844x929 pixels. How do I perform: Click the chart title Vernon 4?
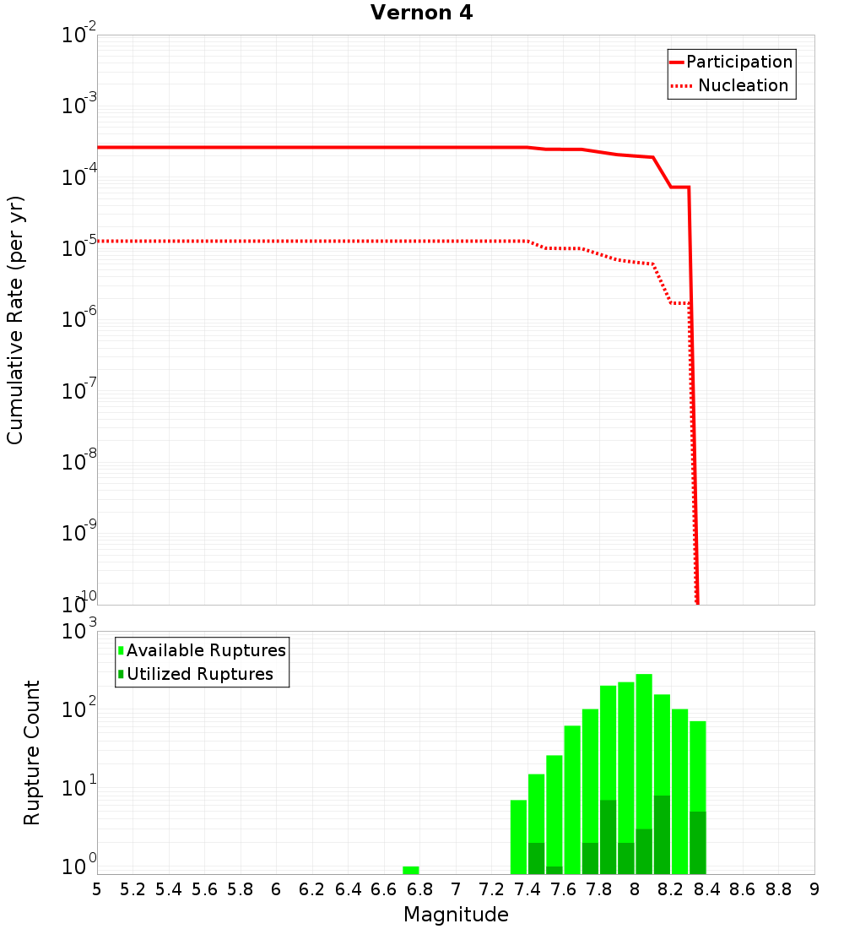(421, 13)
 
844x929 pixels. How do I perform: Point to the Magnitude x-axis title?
(456, 915)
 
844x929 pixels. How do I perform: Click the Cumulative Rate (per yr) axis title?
(16, 320)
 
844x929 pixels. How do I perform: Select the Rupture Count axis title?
(32, 752)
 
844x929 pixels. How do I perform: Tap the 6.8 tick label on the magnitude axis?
(419, 888)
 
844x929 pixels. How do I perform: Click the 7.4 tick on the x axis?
(527, 888)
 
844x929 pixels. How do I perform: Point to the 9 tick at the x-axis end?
(814, 888)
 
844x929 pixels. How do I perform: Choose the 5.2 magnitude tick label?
(133, 888)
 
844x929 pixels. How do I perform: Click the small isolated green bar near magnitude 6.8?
(411, 870)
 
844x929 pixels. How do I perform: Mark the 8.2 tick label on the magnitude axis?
(671, 888)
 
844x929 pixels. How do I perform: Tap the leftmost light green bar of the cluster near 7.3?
(518, 836)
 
